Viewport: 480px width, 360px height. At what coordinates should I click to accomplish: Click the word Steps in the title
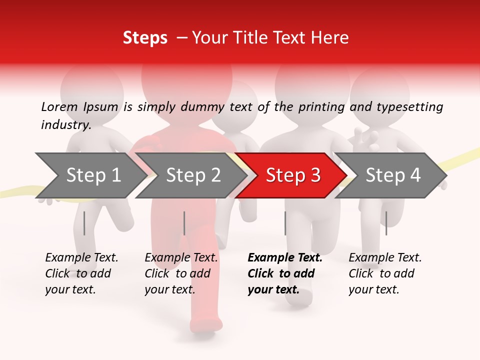tap(145, 38)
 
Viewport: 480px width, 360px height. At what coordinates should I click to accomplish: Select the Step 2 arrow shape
tap(193, 175)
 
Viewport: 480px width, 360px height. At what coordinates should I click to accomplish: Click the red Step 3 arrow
tap(293, 175)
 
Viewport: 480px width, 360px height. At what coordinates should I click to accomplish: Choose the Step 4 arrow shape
tap(393, 175)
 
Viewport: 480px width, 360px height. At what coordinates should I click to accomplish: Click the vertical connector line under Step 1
tap(84, 223)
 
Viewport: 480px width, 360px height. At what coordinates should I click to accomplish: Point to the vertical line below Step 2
tap(184, 223)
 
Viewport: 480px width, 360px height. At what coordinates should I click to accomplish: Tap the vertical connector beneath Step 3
tap(285, 223)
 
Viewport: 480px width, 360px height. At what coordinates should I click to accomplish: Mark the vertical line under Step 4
tap(386, 223)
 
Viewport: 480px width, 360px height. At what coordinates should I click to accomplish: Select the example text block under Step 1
tap(81, 273)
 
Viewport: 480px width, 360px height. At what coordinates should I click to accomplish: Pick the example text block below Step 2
tap(181, 273)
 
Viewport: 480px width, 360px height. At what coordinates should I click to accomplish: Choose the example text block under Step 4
tap(385, 273)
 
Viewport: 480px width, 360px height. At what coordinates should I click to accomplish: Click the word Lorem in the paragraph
tap(59, 107)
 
